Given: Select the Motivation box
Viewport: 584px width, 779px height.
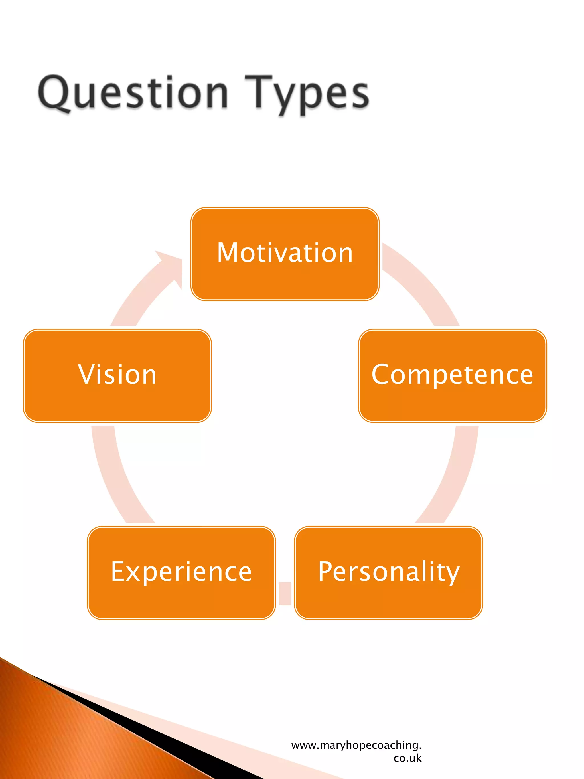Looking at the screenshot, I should point(285,254).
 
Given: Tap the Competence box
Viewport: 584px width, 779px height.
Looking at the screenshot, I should point(452,375).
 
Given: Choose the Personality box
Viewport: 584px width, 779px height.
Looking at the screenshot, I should point(389,572).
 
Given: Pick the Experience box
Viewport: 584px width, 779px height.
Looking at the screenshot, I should point(181,572).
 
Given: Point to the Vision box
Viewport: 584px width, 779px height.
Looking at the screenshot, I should point(117,375).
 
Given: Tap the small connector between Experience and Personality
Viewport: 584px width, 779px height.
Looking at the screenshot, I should point(285,593).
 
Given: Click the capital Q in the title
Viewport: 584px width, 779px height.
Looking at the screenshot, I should point(54,92).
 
